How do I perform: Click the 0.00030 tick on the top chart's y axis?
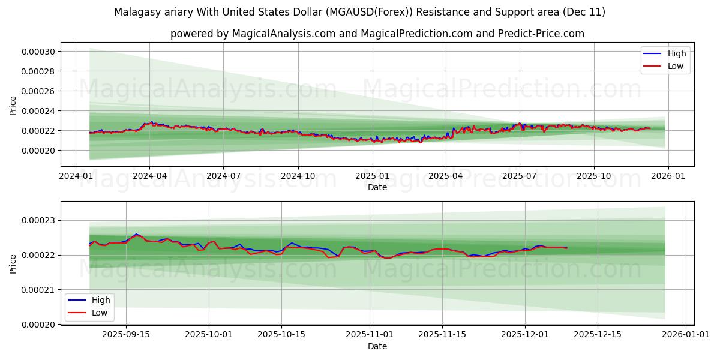click(x=38, y=52)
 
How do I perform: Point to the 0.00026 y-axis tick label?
click(x=38, y=91)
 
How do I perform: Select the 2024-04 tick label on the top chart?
click(x=149, y=176)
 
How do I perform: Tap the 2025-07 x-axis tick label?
click(x=520, y=176)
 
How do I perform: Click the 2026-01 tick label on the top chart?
click(x=668, y=176)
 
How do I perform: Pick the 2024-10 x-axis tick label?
click(x=298, y=176)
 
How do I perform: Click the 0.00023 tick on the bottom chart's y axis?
click(x=38, y=221)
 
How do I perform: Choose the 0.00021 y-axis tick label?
click(x=38, y=290)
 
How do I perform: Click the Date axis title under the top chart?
click(x=377, y=187)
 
